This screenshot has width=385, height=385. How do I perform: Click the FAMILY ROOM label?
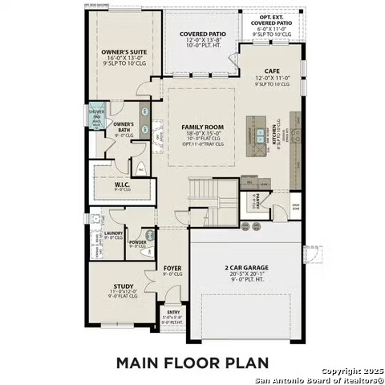click(201, 128)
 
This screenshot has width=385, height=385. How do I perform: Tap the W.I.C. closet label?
click(122, 184)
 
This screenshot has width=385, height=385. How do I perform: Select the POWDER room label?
click(137, 241)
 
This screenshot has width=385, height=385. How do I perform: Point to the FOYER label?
click(172, 268)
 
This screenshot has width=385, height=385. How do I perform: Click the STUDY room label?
click(123, 285)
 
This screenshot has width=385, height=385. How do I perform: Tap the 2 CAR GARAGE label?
click(245, 268)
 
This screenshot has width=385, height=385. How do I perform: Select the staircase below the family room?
click(205, 193)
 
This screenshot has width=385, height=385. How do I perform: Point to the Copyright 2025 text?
click(353, 371)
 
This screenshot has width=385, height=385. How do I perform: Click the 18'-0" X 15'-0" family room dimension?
click(201, 133)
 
